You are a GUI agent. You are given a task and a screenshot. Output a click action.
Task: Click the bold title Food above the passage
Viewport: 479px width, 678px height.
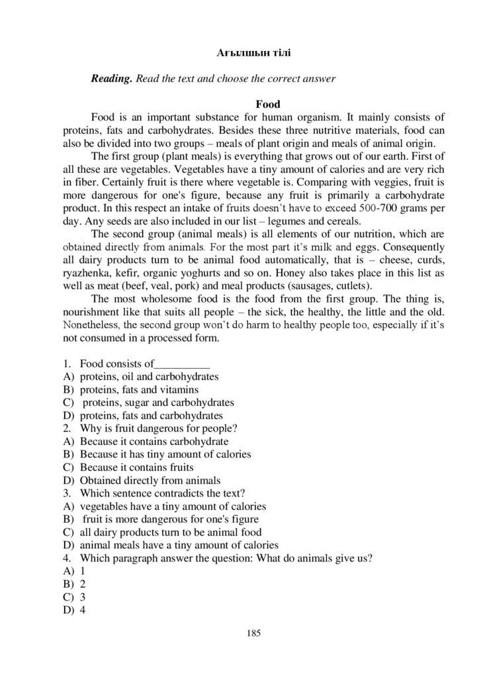267,104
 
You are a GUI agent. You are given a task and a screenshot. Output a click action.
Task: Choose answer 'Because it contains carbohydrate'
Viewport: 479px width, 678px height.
154,441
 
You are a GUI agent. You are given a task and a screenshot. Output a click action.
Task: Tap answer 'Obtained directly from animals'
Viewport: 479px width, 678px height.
150,480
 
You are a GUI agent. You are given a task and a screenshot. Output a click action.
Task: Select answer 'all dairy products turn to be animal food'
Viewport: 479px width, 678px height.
170,532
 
